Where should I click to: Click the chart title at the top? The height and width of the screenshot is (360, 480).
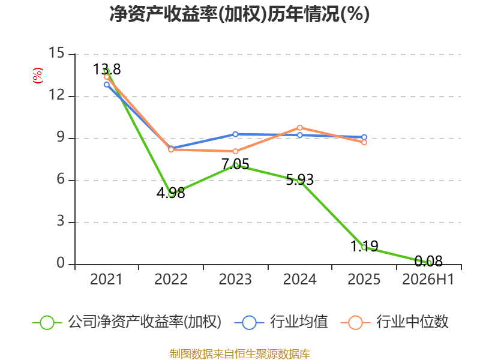(x=239, y=14)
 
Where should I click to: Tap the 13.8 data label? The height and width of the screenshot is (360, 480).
(x=107, y=69)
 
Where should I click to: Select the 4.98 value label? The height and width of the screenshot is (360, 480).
(x=171, y=193)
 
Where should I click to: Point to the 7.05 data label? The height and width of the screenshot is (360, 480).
(x=235, y=164)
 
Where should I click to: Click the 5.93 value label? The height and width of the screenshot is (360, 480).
(x=299, y=179)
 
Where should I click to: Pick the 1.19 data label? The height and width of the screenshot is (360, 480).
(x=364, y=246)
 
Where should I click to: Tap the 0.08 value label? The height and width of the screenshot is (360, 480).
(x=428, y=261)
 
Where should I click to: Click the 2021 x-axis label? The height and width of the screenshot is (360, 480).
(x=106, y=279)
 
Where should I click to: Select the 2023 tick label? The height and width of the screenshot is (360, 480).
(x=235, y=279)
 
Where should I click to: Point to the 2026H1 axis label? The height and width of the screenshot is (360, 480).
(x=428, y=279)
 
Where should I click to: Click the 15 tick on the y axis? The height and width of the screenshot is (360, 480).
(x=56, y=53)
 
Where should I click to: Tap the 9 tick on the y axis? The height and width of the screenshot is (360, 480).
(x=61, y=137)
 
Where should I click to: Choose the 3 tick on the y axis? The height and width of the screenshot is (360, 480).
(x=61, y=221)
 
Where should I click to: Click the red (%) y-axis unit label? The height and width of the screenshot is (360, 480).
(x=38, y=76)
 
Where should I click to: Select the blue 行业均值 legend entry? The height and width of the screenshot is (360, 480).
(x=281, y=322)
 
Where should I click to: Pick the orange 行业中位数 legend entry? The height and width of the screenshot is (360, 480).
(x=395, y=322)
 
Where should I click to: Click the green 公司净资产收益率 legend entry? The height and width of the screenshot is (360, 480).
(x=127, y=322)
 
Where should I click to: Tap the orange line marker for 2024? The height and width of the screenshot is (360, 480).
(x=299, y=128)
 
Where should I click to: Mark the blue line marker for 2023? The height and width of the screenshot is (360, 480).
(x=235, y=134)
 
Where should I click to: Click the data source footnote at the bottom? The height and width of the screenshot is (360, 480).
(x=240, y=354)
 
